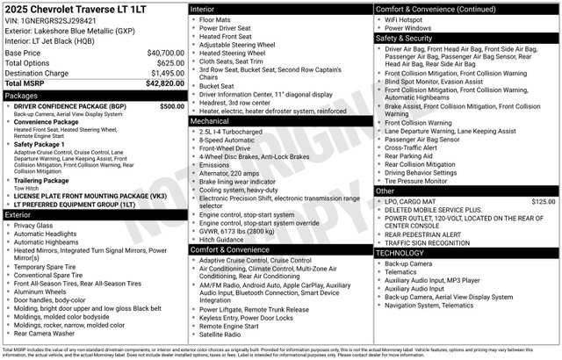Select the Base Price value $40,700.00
[165, 53]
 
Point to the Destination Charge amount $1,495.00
[165, 73]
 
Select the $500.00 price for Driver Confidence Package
[172, 105]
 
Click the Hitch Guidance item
[221, 239]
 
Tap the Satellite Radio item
[220, 334]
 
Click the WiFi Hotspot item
[405, 18]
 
